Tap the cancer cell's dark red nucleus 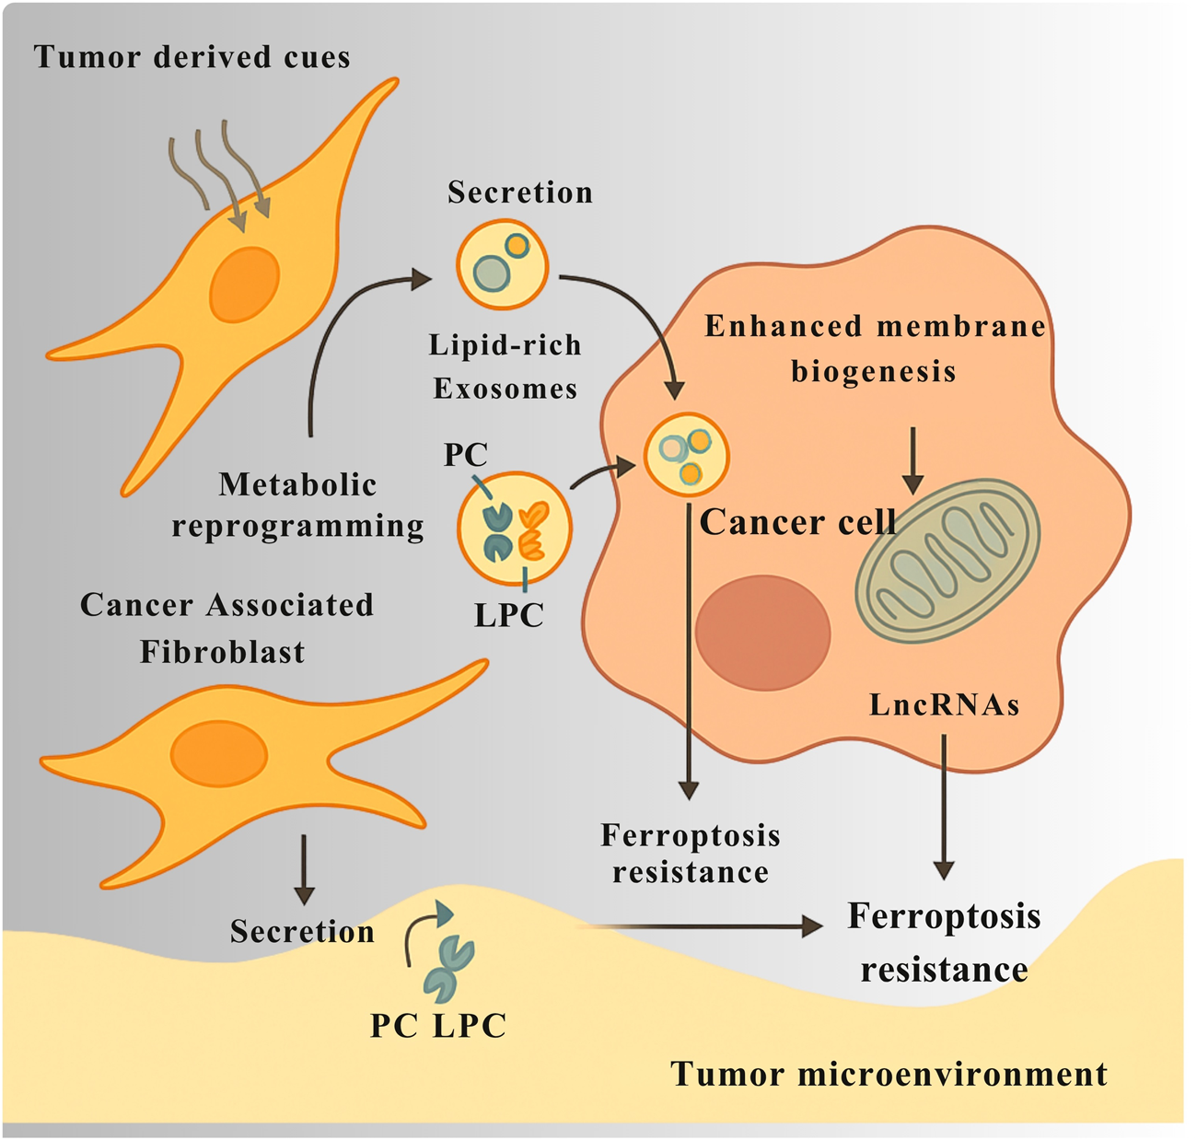762,633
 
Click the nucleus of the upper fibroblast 244,285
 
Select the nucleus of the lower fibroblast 218,755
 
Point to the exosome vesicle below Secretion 503,265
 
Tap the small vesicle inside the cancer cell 686,455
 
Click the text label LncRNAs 944,705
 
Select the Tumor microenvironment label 889,1074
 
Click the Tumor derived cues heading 192,57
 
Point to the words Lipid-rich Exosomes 506,366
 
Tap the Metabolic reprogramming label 297,505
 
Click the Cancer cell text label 797,522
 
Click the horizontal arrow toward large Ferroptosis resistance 700,926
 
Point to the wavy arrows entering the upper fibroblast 221,175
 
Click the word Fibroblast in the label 222,652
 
